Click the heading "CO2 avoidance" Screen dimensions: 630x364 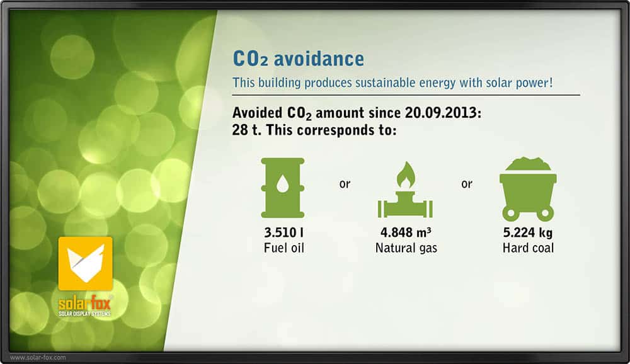[299, 59]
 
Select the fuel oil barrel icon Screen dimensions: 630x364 [283, 188]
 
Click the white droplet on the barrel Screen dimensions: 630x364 [283, 183]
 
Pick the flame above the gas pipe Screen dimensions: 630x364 [406, 175]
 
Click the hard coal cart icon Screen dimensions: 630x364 [528, 189]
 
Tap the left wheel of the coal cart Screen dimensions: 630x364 [511, 213]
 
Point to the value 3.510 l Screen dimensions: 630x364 [283, 232]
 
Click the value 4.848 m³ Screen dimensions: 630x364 [406, 232]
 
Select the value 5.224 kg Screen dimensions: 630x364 [528, 232]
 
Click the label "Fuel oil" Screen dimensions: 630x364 [284, 248]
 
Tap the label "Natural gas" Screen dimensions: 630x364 [406, 248]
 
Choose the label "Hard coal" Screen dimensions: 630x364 [529, 248]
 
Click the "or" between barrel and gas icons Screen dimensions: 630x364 [345, 184]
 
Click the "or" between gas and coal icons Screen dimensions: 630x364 [467, 184]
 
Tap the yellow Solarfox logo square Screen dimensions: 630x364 [86, 264]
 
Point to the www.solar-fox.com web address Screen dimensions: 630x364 [38, 358]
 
